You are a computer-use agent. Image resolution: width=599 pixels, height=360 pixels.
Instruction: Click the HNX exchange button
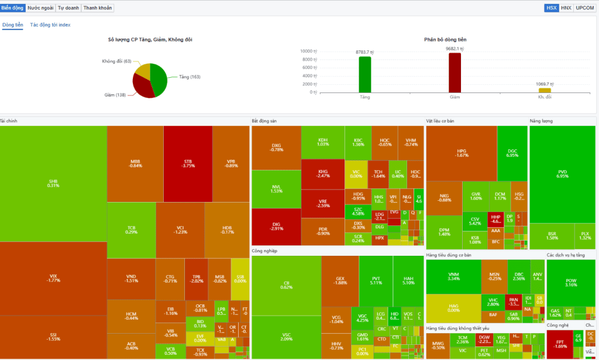[566, 8]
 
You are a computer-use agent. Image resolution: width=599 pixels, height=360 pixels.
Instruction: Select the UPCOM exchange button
[584, 8]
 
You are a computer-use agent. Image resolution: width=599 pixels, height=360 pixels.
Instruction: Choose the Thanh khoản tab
[98, 8]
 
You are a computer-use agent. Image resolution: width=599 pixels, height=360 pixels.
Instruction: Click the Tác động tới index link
[50, 25]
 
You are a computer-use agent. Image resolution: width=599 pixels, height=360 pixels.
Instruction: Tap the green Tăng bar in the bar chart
[365, 74]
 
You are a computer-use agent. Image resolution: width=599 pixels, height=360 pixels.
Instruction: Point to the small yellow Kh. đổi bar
[545, 90]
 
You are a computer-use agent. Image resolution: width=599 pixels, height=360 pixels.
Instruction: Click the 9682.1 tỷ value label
[455, 49]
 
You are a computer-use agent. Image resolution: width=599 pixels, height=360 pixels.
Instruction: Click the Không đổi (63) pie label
[116, 61]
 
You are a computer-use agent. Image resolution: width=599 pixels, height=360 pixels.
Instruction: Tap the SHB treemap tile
[53, 183]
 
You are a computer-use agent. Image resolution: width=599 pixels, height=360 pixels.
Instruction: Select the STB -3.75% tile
[188, 163]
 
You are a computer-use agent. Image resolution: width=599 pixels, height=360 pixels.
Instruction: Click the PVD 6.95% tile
[562, 173]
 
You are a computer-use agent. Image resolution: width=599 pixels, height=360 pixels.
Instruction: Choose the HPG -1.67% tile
[462, 153]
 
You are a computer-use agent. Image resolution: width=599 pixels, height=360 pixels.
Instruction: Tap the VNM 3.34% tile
[453, 276]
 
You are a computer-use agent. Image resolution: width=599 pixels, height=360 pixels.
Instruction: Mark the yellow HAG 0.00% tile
[453, 307]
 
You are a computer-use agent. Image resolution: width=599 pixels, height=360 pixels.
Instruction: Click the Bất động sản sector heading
[264, 121]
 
